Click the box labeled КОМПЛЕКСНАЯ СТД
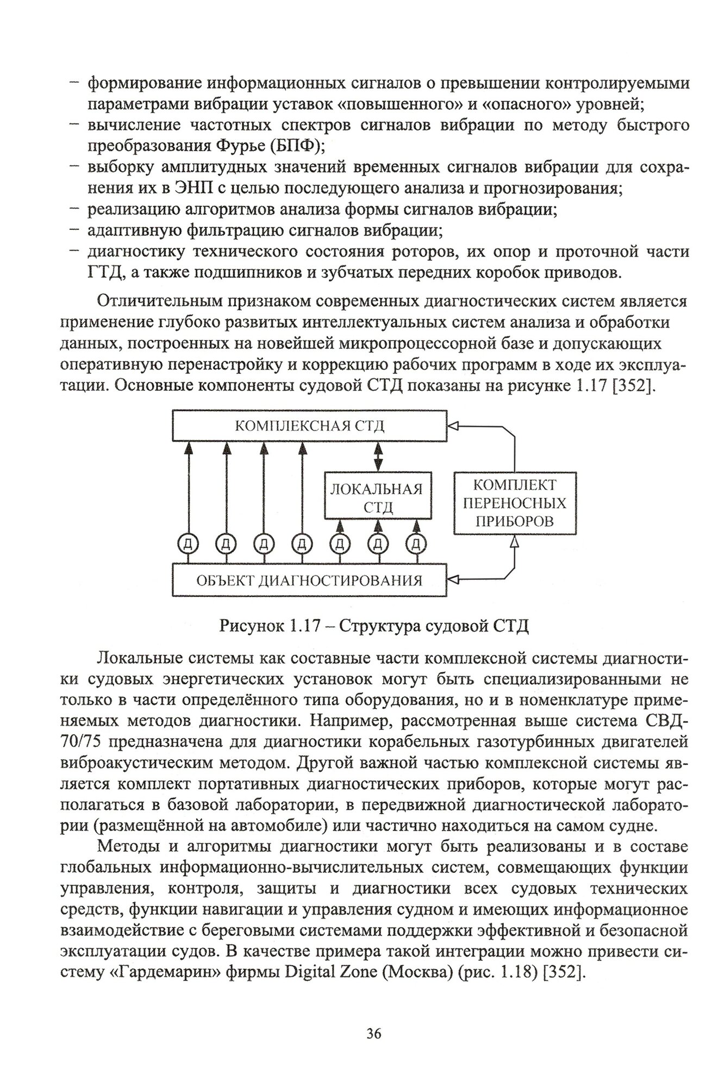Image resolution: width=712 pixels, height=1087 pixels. pyautogui.click(x=309, y=425)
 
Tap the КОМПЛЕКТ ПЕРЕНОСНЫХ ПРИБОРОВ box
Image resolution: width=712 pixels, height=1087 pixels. pyautogui.click(x=514, y=503)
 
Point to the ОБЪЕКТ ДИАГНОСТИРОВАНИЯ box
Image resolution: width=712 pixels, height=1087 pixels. pyautogui.click(x=309, y=580)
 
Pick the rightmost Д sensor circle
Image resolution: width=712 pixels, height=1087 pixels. pyautogui.click(x=416, y=543)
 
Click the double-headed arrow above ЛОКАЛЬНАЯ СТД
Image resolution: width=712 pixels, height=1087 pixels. pyautogui.click(x=378, y=455)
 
